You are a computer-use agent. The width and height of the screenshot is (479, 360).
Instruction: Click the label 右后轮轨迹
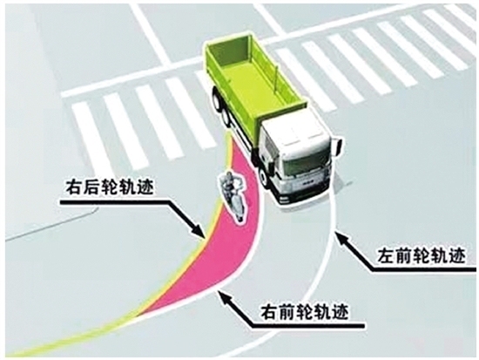tap(109, 187)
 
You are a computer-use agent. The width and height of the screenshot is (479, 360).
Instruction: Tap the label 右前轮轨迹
tap(304, 312)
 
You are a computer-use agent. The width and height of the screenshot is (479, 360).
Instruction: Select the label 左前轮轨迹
tap(422, 256)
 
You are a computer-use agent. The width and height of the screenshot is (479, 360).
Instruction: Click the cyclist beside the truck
tap(233, 197)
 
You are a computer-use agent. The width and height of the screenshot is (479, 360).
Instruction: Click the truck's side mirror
tap(338, 146)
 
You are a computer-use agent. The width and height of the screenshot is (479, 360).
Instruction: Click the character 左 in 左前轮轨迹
tap(387, 256)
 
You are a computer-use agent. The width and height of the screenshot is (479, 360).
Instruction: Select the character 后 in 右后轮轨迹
tap(91, 187)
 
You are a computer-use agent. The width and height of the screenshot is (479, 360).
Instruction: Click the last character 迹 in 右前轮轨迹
tap(340, 312)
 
